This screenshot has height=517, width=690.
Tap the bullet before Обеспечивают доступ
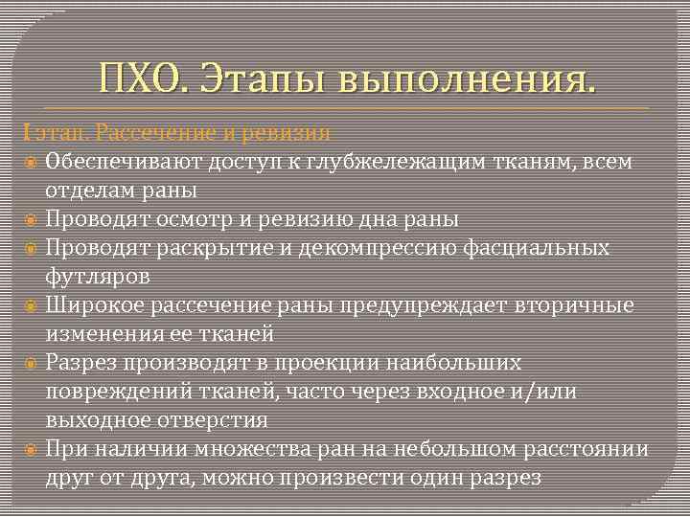[x=31, y=161]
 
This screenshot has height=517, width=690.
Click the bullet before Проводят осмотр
[x=31, y=219]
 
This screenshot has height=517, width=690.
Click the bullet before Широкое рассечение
[x=31, y=305]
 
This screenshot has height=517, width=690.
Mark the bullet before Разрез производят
[x=31, y=363]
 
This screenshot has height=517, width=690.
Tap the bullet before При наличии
[x=31, y=449]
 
